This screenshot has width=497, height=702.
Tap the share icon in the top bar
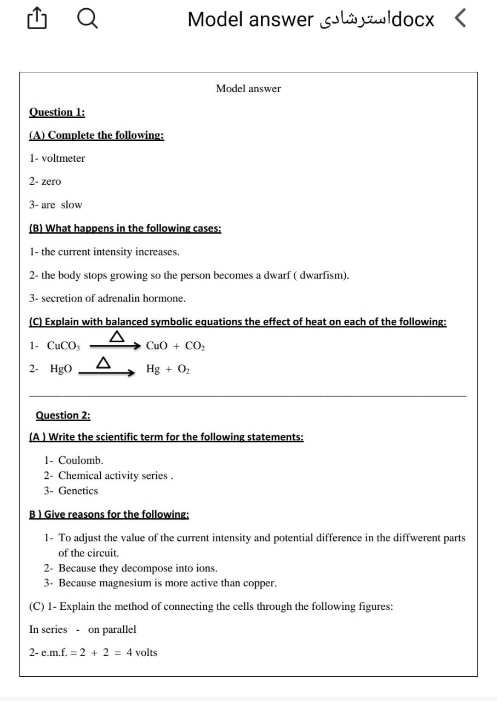(x=35, y=20)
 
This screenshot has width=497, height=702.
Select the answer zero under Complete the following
(x=52, y=182)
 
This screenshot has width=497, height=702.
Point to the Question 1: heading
(x=57, y=112)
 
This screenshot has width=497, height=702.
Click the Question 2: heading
(x=63, y=415)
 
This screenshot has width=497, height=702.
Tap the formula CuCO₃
(x=64, y=346)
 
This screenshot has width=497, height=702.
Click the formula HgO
(x=61, y=369)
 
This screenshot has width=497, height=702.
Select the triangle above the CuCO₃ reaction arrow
(x=116, y=337)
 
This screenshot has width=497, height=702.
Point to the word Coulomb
(x=81, y=460)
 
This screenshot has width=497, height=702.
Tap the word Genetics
(x=78, y=491)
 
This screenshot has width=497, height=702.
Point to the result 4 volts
(x=142, y=653)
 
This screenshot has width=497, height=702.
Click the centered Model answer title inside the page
(x=248, y=89)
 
